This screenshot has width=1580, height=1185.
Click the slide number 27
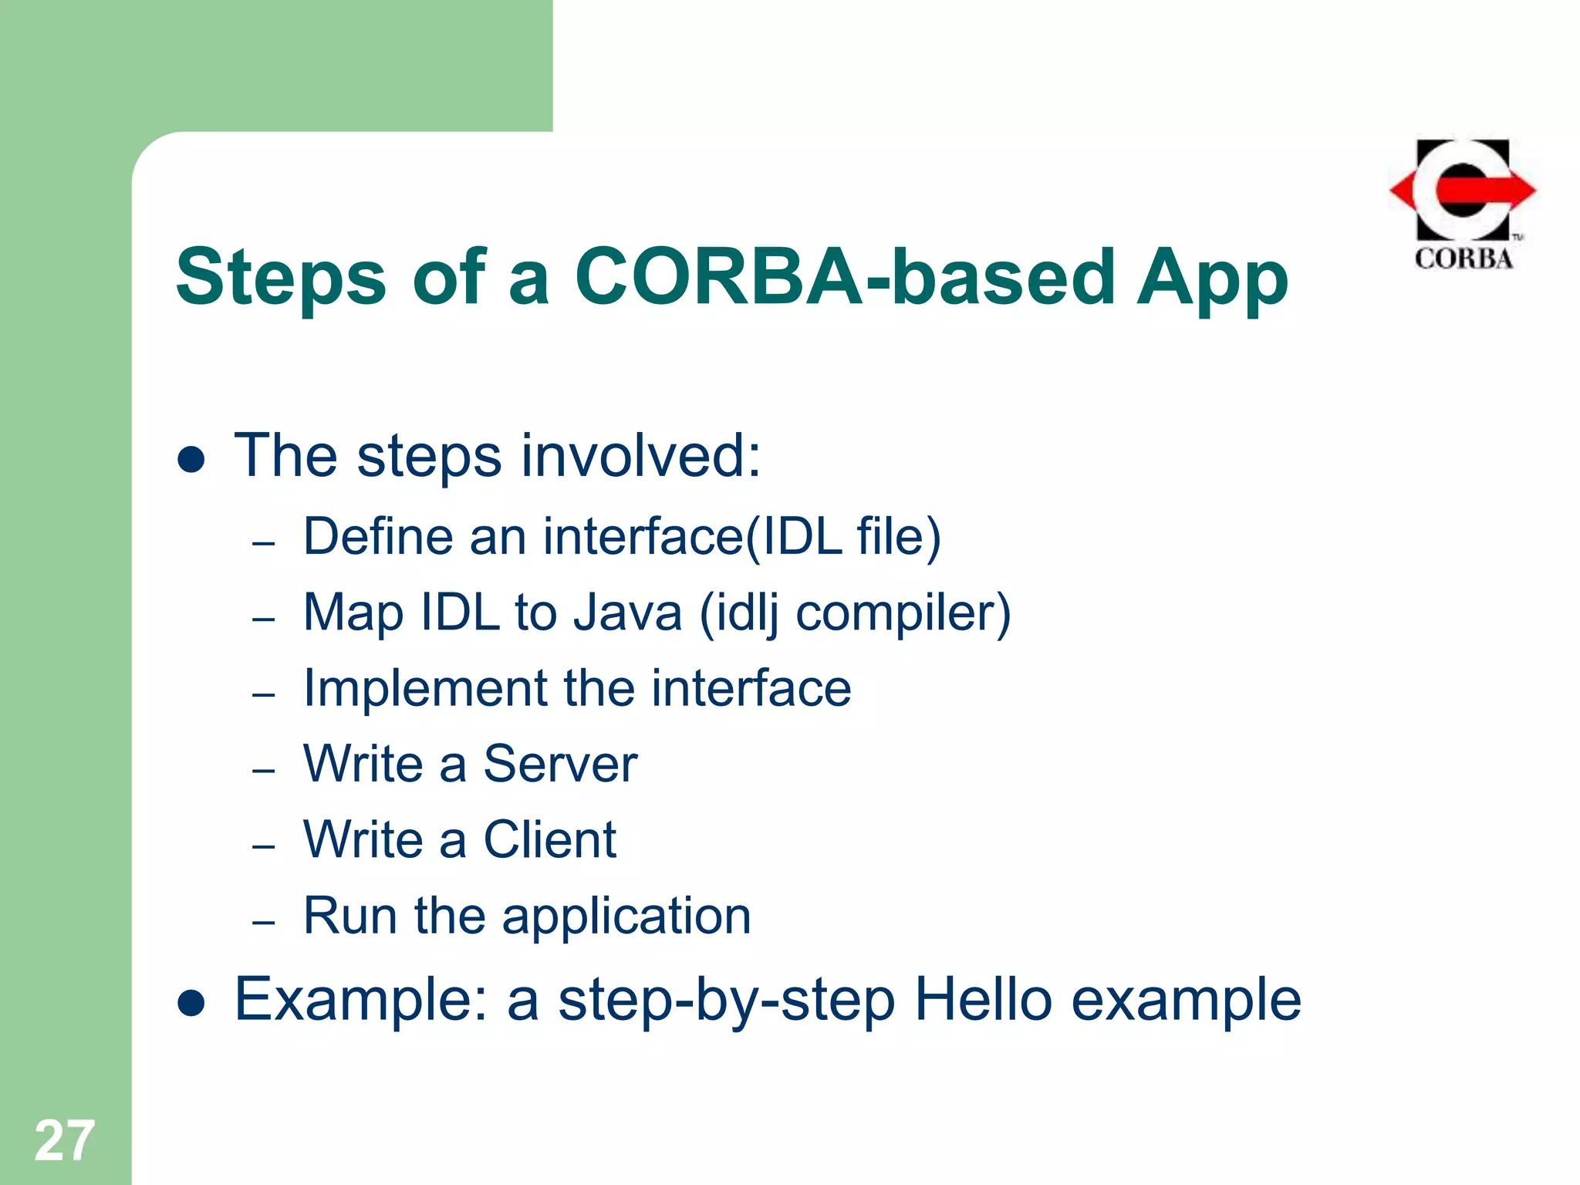(x=64, y=1140)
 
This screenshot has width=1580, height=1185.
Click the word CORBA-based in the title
(x=844, y=276)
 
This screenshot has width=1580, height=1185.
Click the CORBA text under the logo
(x=1464, y=258)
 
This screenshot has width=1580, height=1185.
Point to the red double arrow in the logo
(x=1464, y=190)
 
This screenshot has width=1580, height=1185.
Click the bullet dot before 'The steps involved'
(x=191, y=460)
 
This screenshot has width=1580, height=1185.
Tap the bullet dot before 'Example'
(x=191, y=1003)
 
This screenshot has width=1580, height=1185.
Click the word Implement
(x=424, y=689)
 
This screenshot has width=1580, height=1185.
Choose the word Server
(x=560, y=764)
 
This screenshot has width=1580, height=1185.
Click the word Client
(x=549, y=839)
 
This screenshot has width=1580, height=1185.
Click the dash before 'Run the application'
(x=264, y=922)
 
